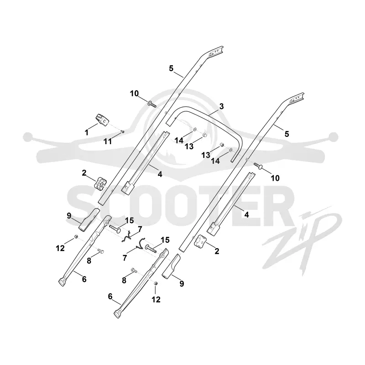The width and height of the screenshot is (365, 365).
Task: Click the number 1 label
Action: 87,132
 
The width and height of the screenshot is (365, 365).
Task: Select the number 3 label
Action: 221,106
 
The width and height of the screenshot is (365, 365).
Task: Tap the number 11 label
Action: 108,141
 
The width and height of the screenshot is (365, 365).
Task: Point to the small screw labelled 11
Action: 123,132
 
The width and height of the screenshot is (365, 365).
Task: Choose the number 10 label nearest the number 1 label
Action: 134,94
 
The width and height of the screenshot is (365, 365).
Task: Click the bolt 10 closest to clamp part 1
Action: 151,104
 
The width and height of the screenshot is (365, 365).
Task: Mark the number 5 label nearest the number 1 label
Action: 171,68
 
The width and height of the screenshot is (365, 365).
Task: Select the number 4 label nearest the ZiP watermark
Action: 246,214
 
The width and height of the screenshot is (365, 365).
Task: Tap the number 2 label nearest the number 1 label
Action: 84,173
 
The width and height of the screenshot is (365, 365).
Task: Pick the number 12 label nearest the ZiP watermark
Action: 156,299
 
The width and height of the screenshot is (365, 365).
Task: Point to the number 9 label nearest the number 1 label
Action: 69,216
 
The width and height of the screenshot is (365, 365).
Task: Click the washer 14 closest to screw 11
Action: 194,129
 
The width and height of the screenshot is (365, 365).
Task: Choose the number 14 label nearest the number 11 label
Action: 179,141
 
